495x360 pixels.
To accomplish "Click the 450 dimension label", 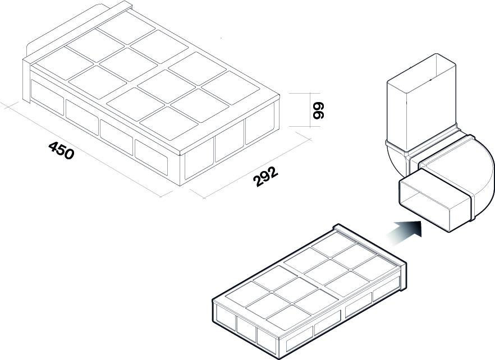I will [x=61, y=150].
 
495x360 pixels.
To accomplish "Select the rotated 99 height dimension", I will [x=319, y=110].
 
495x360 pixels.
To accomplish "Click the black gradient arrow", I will [x=406, y=229].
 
